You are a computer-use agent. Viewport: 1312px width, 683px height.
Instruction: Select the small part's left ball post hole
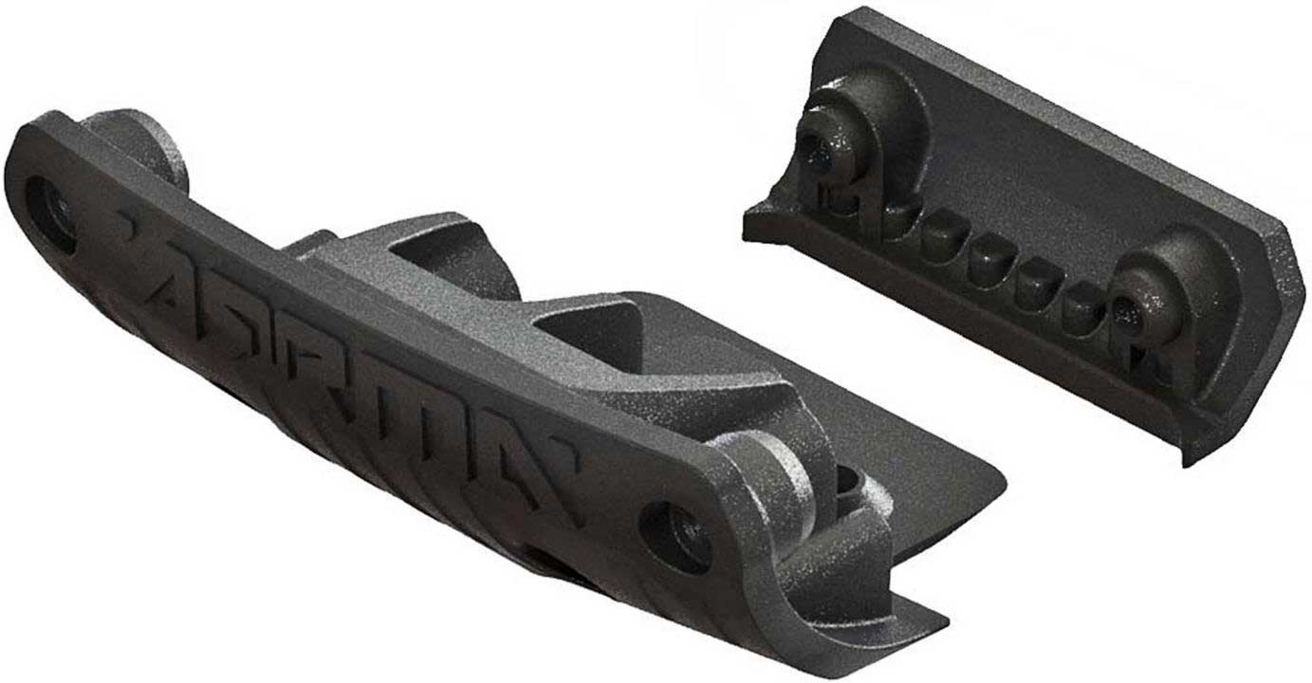[x=813, y=146]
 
